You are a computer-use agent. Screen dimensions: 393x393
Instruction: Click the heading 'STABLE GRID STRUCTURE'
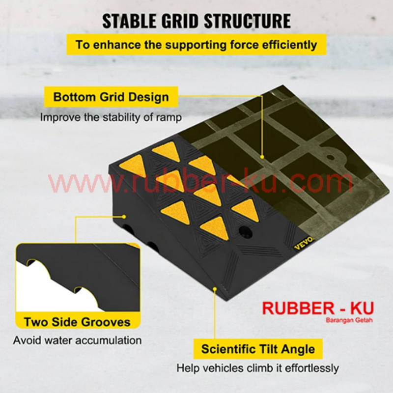(x=196, y=21)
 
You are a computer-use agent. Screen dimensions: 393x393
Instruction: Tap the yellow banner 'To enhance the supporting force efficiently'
(x=196, y=45)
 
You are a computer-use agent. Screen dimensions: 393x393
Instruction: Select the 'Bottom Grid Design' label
(x=111, y=97)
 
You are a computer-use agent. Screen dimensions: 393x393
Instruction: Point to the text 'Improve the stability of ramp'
(x=111, y=117)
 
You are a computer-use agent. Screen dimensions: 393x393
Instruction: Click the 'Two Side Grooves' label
(x=77, y=322)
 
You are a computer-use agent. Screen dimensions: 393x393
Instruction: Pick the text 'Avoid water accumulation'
(x=78, y=340)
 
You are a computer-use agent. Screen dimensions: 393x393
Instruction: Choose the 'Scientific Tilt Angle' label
(x=258, y=349)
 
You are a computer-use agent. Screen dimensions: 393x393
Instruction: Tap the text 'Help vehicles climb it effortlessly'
(x=257, y=368)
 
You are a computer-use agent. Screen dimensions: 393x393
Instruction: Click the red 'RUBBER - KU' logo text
(x=318, y=309)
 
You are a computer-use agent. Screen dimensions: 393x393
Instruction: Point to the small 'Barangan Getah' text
(x=349, y=320)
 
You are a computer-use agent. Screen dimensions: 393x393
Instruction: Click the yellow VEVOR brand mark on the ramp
(x=304, y=243)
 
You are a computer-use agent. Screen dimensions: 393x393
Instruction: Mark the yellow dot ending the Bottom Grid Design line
(x=262, y=157)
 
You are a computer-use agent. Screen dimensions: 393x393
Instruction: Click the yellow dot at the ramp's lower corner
(x=215, y=289)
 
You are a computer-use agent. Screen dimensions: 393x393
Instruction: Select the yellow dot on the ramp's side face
(x=124, y=217)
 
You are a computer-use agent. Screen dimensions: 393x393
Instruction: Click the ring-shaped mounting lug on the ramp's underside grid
(x=331, y=157)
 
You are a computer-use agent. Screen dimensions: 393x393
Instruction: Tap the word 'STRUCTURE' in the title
(x=248, y=21)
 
